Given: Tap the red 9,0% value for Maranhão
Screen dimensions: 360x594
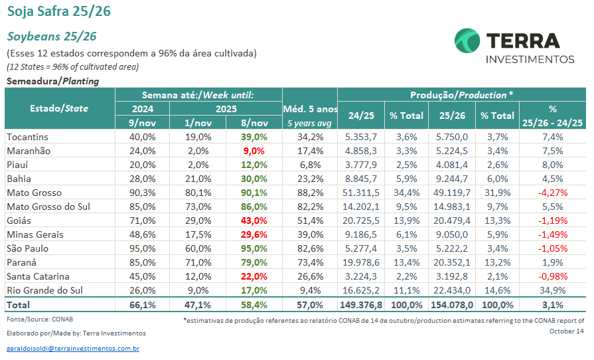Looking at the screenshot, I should pyautogui.click(x=254, y=151).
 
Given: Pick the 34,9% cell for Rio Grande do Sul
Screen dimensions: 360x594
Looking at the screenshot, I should pyautogui.click(x=552, y=290).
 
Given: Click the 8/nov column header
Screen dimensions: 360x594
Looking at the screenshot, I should pyautogui.click(x=254, y=122).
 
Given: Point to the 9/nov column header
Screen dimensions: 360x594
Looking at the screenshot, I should pyautogui.click(x=143, y=122).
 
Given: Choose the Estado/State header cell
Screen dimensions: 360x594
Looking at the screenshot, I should pyautogui.click(x=59, y=108).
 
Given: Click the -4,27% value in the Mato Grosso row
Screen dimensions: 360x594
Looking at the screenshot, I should pyautogui.click(x=552, y=193).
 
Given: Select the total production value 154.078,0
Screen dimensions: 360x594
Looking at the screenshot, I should pyautogui.click(x=451, y=305).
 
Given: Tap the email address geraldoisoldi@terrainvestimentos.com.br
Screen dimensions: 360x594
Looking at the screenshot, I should pyautogui.click(x=73, y=348).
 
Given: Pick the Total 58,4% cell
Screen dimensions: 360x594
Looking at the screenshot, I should pyautogui.click(x=254, y=305).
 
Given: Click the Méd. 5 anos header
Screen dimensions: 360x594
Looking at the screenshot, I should pyautogui.click(x=309, y=108).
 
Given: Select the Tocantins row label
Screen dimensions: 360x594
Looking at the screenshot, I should pyautogui.click(x=27, y=137).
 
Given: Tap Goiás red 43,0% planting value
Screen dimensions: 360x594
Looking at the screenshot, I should pyautogui.click(x=254, y=221).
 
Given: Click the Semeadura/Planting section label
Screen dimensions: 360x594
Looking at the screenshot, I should pyautogui.click(x=52, y=81).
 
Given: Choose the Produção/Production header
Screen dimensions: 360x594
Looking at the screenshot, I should pyautogui.click(x=461, y=94).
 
